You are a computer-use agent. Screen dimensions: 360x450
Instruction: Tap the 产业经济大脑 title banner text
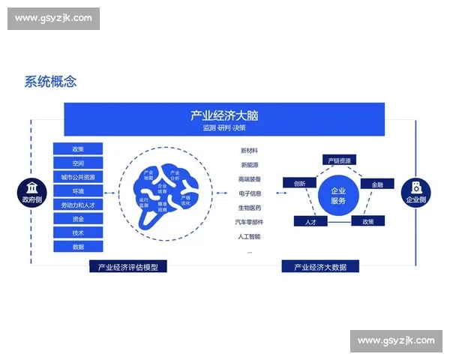pos(224,115)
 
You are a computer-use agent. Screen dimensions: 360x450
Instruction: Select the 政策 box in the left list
pos(78,149)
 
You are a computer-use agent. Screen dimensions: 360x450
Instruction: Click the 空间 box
pos(78,163)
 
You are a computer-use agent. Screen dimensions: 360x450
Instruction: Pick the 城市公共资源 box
pos(78,177)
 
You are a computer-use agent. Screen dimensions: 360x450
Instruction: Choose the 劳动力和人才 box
pos(78,205)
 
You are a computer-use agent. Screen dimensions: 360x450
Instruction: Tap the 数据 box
pos(78,247)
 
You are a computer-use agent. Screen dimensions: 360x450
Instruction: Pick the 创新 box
pos(299,183)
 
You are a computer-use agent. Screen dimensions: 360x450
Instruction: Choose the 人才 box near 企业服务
pos(310,222)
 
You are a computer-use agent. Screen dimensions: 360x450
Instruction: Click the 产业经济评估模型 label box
pos(127,266)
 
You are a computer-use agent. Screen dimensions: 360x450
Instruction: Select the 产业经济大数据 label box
pos(320,266)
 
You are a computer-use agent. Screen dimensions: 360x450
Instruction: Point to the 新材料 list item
pos(250,151)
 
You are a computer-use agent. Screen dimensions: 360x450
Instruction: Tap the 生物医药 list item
pos(250,208)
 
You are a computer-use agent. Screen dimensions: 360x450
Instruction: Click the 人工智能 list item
pos(250,236)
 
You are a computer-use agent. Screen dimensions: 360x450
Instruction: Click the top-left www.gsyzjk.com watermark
pos(53,18)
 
